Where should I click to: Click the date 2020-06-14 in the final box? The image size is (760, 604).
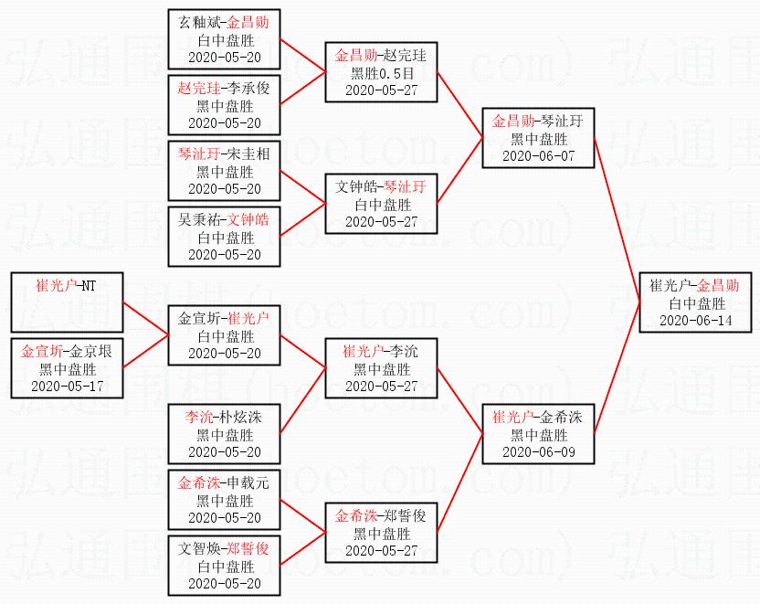point(695,321)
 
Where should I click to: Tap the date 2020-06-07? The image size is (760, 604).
point(539,156)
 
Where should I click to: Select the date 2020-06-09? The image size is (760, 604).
point(539,452)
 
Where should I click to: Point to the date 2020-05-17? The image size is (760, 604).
point(67,387)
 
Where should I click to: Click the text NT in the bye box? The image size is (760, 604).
point(89,285)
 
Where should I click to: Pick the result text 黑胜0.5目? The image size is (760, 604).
point(382,73)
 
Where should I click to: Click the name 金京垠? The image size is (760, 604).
point(91,351)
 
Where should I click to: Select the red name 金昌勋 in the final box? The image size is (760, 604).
point(718,285)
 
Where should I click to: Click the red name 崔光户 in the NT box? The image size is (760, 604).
point(57,285)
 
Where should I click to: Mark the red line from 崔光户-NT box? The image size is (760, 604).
point(145,319)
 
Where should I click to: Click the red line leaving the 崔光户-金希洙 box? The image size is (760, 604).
point(617,367)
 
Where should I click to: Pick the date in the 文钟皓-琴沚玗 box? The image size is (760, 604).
point(382,222)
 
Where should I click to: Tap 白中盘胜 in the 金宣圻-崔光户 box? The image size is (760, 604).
point(225,336)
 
